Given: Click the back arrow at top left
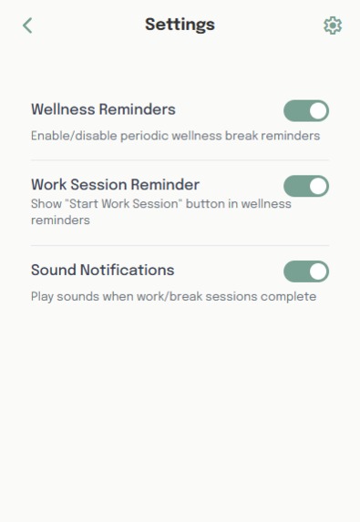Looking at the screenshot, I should (27, 26).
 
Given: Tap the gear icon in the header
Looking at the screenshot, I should (333, 26).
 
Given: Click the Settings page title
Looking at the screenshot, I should (180, 25).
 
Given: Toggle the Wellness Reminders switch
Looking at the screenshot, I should (306, 111).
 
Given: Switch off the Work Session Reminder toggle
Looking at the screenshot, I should (306, 186).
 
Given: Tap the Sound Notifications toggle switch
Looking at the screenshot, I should (306, 271).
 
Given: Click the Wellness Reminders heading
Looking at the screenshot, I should (103, 109).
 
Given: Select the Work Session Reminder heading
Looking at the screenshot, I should (115, 184).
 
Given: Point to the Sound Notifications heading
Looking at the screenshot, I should (102, 270).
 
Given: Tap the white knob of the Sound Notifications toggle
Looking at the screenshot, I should (318, 271).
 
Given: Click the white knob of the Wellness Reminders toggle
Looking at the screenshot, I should (318, 111).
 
